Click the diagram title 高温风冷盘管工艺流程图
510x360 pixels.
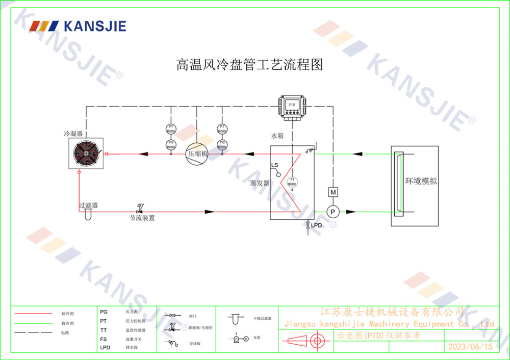(x=250, y=65)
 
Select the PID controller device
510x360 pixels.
(x=292, y=106)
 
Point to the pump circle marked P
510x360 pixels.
(x=333, y=212)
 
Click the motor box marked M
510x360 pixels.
(x=333, y=192)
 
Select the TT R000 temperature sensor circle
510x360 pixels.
(x=292, y=182)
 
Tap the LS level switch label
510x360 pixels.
(x=275, y=166)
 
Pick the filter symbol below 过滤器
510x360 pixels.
(x=87, y=215)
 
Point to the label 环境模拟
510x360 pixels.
(x=421, y=181)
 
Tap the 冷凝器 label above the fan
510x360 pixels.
(x=73, y=134)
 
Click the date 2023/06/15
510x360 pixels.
(x=470, y=346)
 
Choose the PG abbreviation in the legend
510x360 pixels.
(x=104, y=311)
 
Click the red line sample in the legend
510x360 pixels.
(x=34, y=314)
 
